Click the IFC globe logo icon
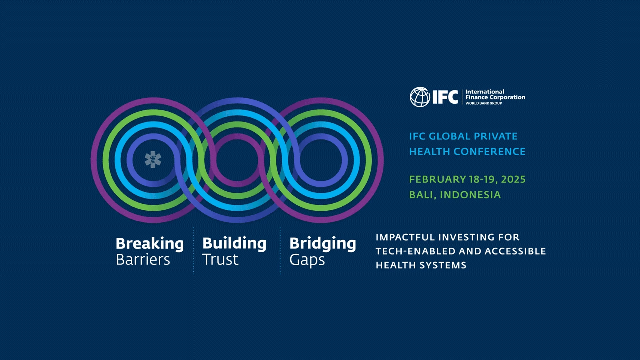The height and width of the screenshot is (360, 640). [420, 97]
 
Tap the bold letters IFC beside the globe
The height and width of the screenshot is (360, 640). [445, 97]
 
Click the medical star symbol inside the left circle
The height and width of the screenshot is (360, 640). [153, 159]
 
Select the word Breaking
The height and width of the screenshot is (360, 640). [150, 244]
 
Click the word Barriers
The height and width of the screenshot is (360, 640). [143, 260]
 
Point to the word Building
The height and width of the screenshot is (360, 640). [234, 244]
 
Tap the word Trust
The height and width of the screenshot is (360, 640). [220, 260]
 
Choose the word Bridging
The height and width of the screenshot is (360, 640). [323, 244]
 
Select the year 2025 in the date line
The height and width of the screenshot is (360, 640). [513, 179]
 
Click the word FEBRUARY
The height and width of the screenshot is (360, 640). [438, 179]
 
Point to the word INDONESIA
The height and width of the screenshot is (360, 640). [470, 195]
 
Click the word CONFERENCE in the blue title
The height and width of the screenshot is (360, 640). [489, 152]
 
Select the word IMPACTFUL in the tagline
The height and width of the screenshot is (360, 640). [405, 237]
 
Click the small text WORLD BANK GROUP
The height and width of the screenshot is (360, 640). [484, 103]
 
